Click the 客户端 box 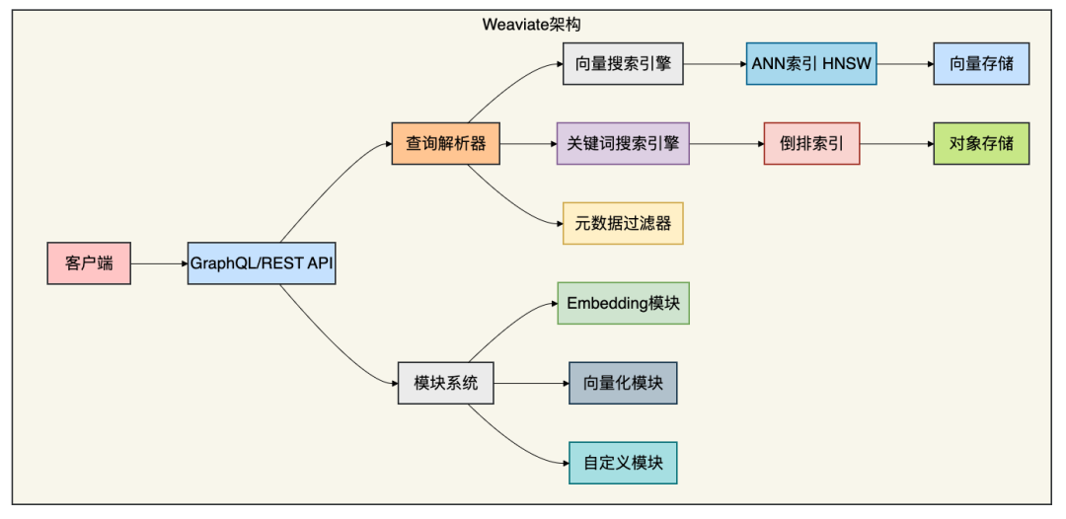coord(89,263)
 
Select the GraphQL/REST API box coord(262,263)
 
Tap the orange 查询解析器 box coord(446,143)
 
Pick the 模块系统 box coord(446,383)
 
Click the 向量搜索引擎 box coord(623,64)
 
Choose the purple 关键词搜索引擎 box coord(623,143)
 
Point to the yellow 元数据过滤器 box coord(623,223)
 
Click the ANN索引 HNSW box coord(811,64)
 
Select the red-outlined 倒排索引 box coord(811,143)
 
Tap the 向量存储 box coord(981,64)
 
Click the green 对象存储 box coord(981,143)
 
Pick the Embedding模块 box coord(623,303)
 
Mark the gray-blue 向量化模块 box coord(623,383)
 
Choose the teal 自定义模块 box coord(623,462)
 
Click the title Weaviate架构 coord(532,23)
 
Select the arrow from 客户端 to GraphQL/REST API coord(158,263)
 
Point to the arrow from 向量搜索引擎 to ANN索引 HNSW coord(714,64)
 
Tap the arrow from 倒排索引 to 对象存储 coord(895,143)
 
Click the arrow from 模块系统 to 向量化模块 coord(530,383)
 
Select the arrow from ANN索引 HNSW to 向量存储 coord(904,64)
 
